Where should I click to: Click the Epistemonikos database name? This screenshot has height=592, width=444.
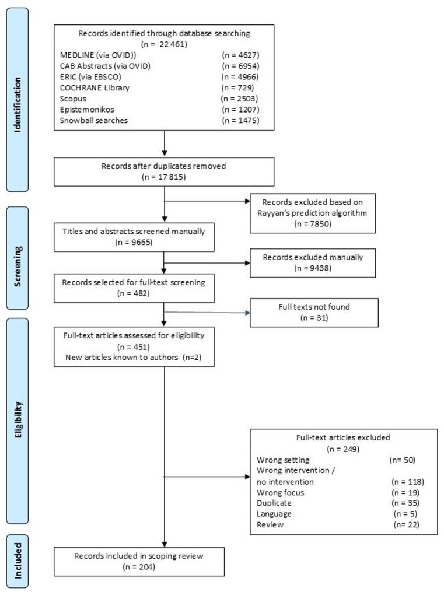pyautogui.click(x=85, y=110)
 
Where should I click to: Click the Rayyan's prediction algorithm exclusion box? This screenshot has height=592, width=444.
pyautogui.click(x=312, y=213)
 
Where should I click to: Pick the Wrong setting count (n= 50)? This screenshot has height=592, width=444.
pyautogui.click(x=402, y=460)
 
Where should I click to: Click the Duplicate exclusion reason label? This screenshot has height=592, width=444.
pyautogui.click(x=274, y=503)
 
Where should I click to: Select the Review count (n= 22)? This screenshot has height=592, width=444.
pyautogui.click(x=407, y=525)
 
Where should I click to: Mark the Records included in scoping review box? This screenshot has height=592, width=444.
pyautogui.click(x=138, y=561)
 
